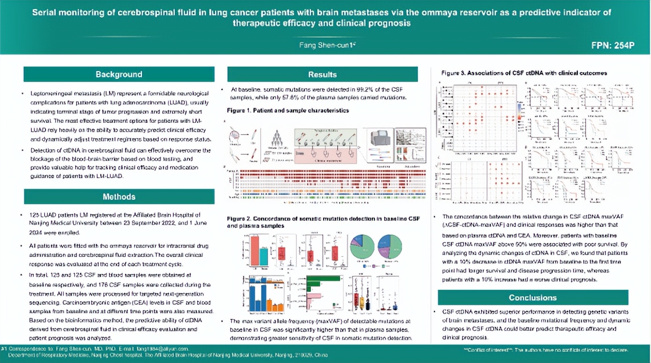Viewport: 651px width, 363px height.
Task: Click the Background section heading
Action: [119, 75]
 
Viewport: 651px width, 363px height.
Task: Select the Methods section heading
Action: [119, 197]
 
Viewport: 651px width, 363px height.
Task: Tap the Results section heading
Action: [322, 75]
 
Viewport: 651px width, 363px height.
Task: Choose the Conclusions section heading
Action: [533, 298]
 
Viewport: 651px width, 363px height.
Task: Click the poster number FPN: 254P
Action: [613, 46]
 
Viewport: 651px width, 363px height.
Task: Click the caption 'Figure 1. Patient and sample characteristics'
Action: [288, 111]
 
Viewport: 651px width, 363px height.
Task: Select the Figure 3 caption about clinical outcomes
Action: [524, 73]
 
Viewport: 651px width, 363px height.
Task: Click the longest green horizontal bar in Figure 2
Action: [323, 278]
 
